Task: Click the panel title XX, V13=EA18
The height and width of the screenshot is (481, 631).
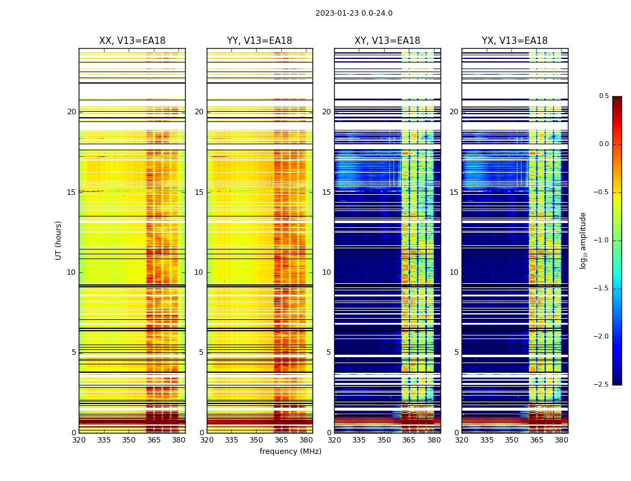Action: click(132, 41)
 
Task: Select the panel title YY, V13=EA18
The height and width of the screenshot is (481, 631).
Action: click(260, 41)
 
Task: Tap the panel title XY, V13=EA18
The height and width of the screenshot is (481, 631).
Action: click(387, 41)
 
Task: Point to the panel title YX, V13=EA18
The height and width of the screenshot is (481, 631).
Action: click(514, 41)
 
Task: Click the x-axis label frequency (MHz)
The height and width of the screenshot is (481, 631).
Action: click(290, 452)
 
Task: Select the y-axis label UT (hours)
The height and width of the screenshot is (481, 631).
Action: click(59, 240)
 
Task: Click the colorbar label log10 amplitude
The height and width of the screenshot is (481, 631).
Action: click(583, 240)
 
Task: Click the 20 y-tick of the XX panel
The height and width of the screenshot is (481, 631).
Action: click(72, 112)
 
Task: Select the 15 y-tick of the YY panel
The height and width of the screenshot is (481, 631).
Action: click(199, 192)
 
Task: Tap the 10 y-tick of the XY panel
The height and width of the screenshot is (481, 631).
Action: click(326, 272)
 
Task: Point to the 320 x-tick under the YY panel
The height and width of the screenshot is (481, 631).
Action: click(207, 440)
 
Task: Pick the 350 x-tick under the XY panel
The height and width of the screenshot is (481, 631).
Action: click(384, 440)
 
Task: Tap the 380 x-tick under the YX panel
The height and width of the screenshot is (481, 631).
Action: click(561, 440)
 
